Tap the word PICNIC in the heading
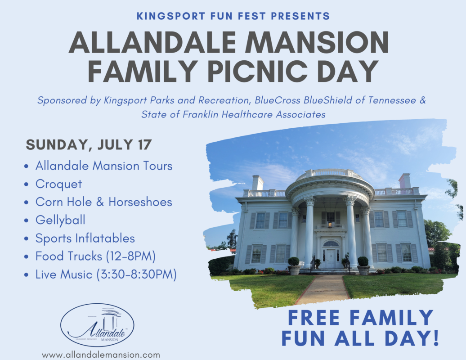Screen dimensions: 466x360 coord(259,72)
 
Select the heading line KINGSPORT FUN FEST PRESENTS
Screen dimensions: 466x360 coord(233,16)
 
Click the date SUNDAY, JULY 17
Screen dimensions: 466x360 coord(89,145)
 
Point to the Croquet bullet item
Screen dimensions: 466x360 coord(58,184)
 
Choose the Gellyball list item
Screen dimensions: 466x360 coord(60,220)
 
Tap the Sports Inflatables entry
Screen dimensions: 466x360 coord(85,238)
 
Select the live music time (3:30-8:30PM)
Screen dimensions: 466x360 coord(137,274)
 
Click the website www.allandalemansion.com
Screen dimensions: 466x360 coord(101,355)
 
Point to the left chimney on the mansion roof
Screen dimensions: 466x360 coord(257,183)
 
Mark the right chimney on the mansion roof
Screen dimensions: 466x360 coord(404,180)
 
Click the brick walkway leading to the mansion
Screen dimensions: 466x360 coord(324,289)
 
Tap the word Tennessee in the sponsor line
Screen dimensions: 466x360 coord(392,100)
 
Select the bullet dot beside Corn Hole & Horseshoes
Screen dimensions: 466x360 coord(27,202)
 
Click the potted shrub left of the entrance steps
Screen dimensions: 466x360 coord(294,265)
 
